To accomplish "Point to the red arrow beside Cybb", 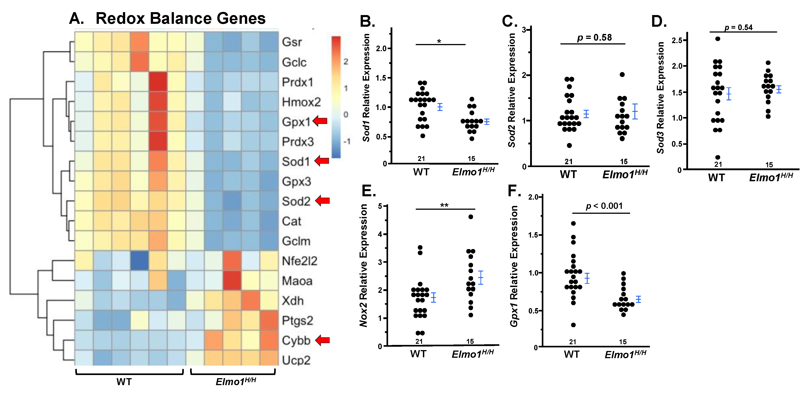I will [x=322, y=340].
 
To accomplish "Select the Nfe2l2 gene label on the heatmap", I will [x=299, y=261].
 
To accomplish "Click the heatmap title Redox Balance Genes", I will [x=180, y=18].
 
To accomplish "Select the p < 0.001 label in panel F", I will [x=604, y=206].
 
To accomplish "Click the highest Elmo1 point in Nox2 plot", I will [x=471, y=217].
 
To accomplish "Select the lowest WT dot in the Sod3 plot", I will [x=718, y=157].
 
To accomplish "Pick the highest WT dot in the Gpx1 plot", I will [x=573, y=223].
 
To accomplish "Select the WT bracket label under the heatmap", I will [x=124, y=382].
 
